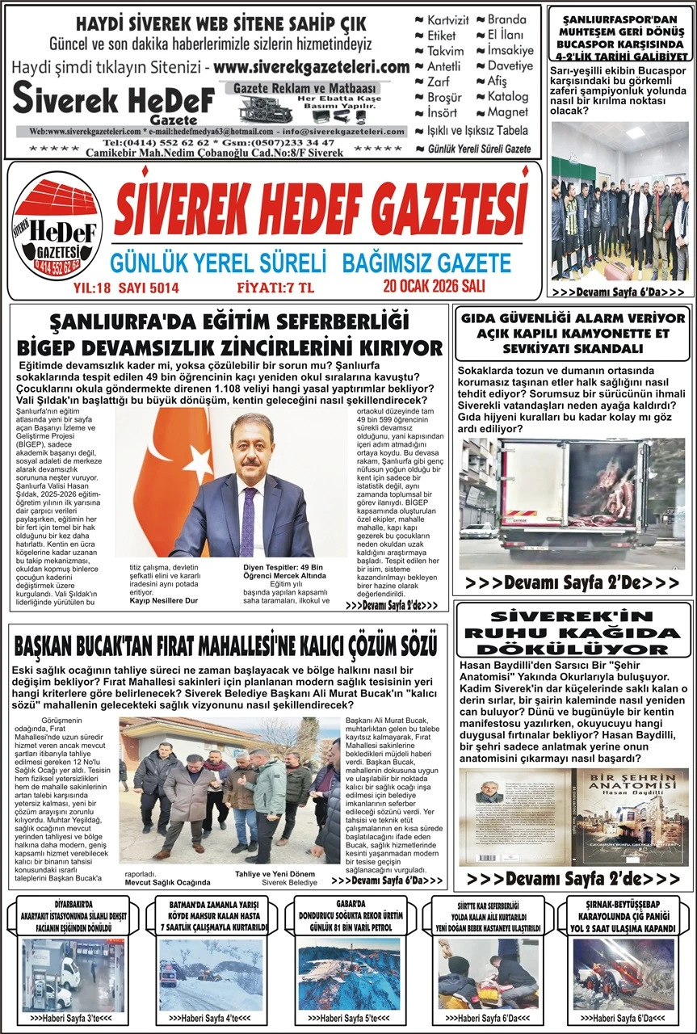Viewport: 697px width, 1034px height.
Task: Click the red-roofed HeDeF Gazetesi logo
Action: (x=57, y=229)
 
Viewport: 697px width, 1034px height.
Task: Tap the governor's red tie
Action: (x=248, y=521)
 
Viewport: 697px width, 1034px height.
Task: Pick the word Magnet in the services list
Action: (x=507, y=112)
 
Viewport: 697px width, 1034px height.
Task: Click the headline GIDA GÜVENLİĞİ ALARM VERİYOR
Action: (x=573, y=319)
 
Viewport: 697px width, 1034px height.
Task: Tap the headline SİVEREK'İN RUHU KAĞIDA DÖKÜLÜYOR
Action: (x=573, y=628)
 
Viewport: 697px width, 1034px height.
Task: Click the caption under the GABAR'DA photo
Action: (x=349, y=1018)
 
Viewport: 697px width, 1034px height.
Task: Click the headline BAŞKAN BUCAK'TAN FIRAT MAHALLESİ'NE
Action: (x=226, y=646)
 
